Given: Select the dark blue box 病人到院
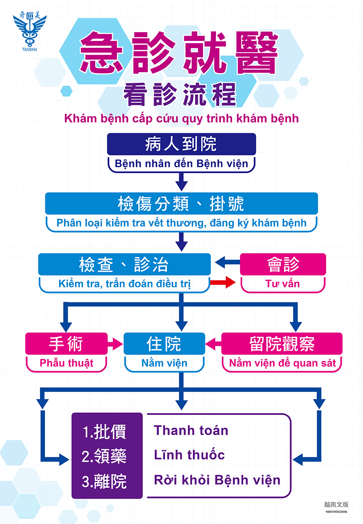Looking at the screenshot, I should (181, 144).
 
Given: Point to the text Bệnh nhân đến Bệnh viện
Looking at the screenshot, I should (181, 164).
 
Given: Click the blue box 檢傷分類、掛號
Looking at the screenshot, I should (181, 203).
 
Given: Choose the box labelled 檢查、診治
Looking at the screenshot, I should (124, 264).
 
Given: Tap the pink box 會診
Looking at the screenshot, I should (283, 264).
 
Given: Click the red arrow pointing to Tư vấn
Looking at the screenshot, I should (223, 283).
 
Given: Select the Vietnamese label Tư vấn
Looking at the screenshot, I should (283, 284).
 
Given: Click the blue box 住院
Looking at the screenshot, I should (164, 344).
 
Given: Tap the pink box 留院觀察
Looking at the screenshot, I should (282, 344).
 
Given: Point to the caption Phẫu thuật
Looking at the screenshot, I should (66, 363).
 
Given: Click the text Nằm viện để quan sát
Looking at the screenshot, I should (282, 363).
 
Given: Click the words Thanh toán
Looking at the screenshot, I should (191, 430).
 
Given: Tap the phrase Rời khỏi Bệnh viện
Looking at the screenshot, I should (217, 480).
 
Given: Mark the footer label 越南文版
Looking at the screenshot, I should (336, 504).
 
